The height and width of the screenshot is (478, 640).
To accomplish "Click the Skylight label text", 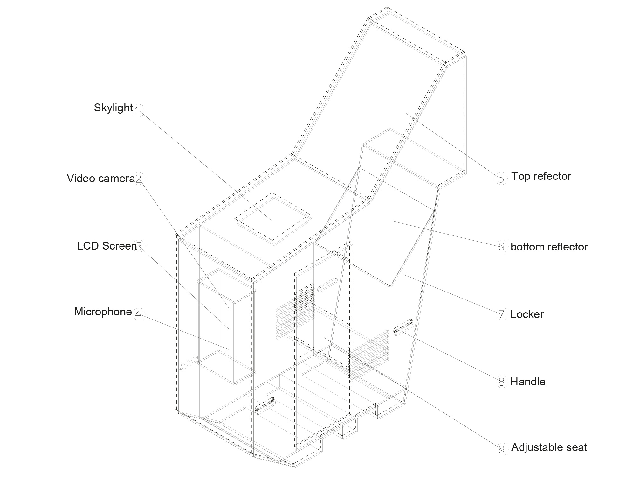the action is (113, 108).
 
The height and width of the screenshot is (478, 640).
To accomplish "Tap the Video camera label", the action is (101, 179).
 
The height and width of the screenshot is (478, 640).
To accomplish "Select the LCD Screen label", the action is (107, 246).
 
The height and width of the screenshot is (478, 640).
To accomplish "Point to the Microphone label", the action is (103, 312).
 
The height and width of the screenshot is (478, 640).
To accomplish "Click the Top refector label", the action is (541, 176).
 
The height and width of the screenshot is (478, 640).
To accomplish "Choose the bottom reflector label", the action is (549, 247).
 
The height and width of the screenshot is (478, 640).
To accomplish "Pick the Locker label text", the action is (527, 314).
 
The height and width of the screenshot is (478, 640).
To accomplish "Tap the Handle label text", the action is (528, 382).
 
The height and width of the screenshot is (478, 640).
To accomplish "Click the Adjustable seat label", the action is (549, 447).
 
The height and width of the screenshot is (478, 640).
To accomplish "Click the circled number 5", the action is (501, 179).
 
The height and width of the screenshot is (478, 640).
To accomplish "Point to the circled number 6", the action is (501, 247).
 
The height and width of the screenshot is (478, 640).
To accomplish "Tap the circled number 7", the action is (502, 314).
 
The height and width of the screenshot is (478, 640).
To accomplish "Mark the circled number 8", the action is (502, 382).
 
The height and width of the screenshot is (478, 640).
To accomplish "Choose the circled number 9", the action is (502, 449).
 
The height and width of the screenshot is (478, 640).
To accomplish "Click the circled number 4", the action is (138, 314).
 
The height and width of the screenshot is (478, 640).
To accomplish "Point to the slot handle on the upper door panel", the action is (327, 284).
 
